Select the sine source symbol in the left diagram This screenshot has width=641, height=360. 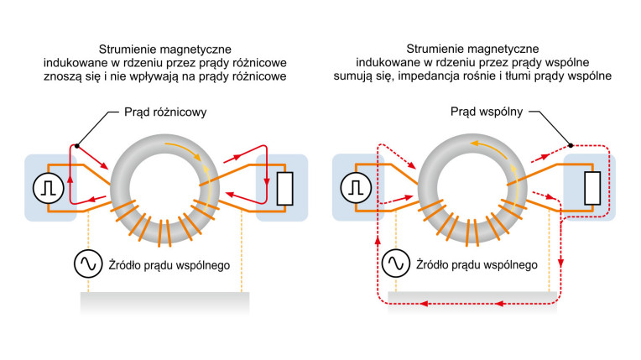tap(87, 265)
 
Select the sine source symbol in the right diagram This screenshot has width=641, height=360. tap(396, 265)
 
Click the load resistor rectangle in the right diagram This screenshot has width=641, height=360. tap(592, 187)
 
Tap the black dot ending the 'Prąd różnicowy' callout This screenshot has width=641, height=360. tap(77, 145)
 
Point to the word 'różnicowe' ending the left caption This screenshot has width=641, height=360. tap(259, 76)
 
